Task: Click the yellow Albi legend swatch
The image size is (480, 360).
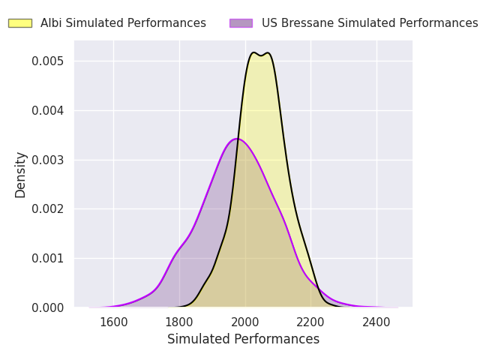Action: click(x=20, y=23)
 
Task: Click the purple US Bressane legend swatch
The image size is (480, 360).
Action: click(x=241, y=23)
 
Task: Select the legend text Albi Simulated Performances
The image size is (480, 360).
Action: click(x=123, y=23)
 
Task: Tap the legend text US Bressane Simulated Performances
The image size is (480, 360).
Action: click(x=370, y=23)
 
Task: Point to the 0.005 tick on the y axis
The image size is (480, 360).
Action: click(x=48, y=61)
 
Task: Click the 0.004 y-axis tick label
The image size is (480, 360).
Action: click(x=48, y=110)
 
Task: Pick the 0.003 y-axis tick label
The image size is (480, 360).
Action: click(x=48, y=160)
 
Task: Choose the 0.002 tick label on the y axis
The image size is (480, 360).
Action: click(x=48, y=209)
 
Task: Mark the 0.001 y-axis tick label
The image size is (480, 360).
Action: click(x=48, y=258)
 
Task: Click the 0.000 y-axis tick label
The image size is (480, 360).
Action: click(x=48, y=307)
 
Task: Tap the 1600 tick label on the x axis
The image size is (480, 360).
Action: click(x=113, y=322)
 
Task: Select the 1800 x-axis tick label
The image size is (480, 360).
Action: click(x=179, y=322)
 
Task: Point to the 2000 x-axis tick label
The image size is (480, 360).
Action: click(x=245, y=322)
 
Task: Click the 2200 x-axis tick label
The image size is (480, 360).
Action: click(x=310, y=322)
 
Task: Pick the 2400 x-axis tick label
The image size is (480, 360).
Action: click(x=376, y=322)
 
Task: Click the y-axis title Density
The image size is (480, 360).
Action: click(x=20, y=175)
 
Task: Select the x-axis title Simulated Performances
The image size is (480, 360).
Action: click(x=243, y=339)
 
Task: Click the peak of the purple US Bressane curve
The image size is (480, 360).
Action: click(x=237, y=139)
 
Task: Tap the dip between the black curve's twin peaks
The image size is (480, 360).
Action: click(x=261, y=55)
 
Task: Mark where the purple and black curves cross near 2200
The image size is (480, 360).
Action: click(x=318, y=288)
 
